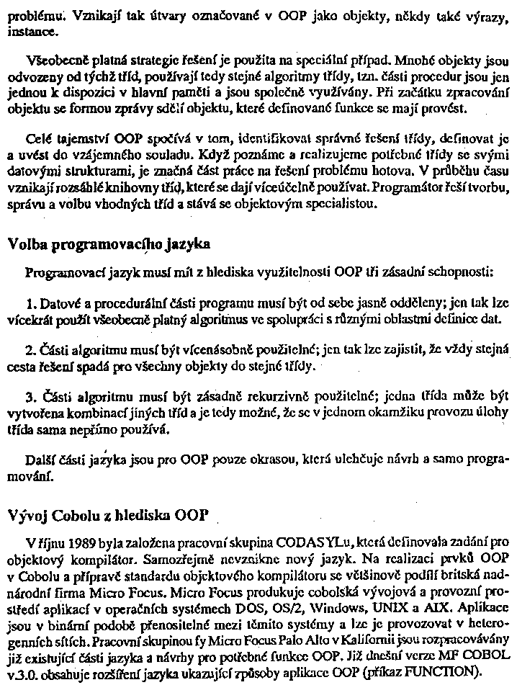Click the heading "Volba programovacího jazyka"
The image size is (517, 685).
(x=109, y=244)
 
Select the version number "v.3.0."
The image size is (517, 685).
(x=24, y=676)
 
